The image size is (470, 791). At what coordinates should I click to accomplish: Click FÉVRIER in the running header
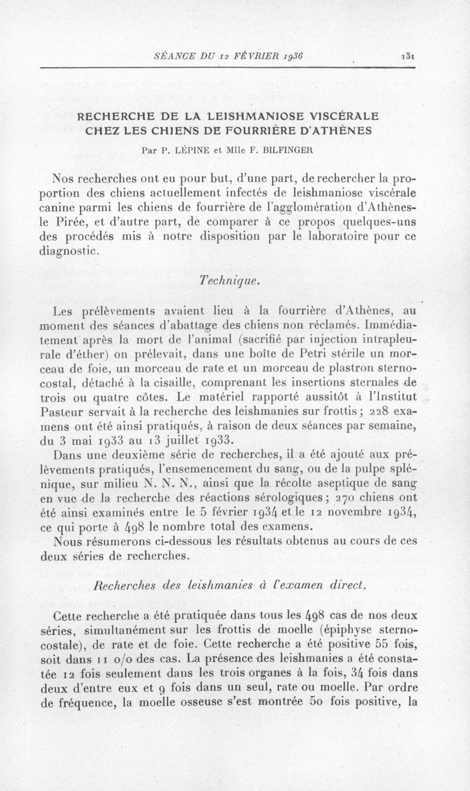250,56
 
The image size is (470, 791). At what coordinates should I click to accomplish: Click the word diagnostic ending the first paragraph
70,252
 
